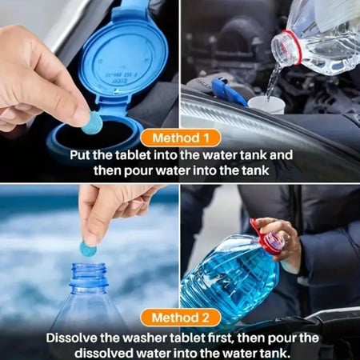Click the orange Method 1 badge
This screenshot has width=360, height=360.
[181, 138]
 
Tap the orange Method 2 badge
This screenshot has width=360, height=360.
[181, 318]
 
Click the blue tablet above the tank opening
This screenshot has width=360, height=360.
[92, 122]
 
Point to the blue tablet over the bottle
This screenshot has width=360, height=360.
[88, 249]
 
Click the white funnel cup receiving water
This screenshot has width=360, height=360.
[266, 106]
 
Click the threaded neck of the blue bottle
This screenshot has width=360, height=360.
[89, 274]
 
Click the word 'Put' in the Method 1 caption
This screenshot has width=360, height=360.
[80, 155]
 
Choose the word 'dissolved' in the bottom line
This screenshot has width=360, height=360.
[104, 354]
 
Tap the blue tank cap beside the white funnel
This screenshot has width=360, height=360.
[229, 91]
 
